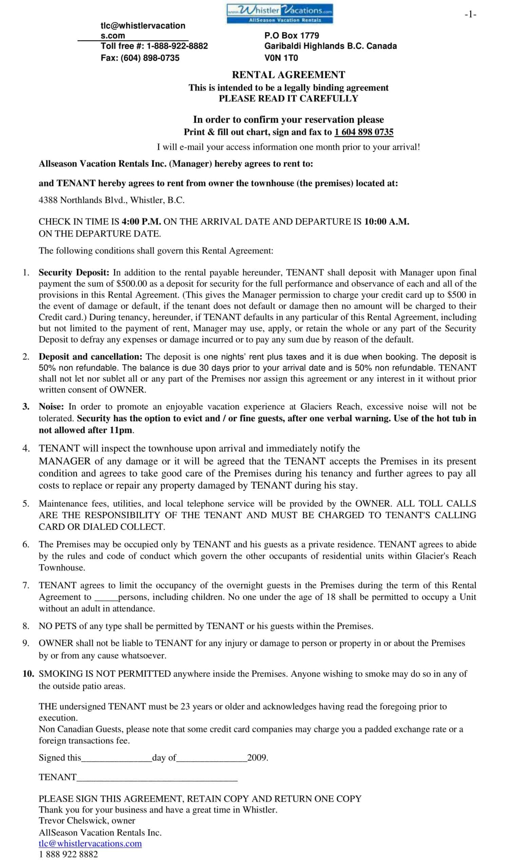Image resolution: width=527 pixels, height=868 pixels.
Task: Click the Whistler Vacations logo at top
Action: (x=280, y=14)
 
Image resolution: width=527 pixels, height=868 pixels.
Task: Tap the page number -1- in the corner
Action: (x=470, y=15)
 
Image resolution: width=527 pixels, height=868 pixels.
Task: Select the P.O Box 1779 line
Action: (x=292, y=36)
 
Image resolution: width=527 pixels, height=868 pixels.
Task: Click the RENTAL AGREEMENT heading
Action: (x=288, y=75)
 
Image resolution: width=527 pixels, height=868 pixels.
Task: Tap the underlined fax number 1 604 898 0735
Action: (x=364, y=132)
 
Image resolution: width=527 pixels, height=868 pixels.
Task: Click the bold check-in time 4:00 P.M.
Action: (x=141, y=222)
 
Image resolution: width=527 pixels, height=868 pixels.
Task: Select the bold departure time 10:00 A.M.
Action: (x=387, y=222)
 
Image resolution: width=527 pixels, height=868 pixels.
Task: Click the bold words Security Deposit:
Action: (x=74, y=272)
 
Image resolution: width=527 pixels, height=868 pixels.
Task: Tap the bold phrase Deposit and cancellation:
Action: (x=91, y=356)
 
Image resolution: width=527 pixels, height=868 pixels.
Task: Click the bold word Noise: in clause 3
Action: (x=51, y=407)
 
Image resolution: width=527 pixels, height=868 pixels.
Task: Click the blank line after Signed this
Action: (x=116, y=758)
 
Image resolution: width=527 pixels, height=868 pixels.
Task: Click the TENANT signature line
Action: (x=157, y=777)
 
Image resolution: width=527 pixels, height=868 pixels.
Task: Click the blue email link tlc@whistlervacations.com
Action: (x=90, y=843)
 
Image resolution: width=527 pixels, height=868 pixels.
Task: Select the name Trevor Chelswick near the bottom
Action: (x=74, y=821)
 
